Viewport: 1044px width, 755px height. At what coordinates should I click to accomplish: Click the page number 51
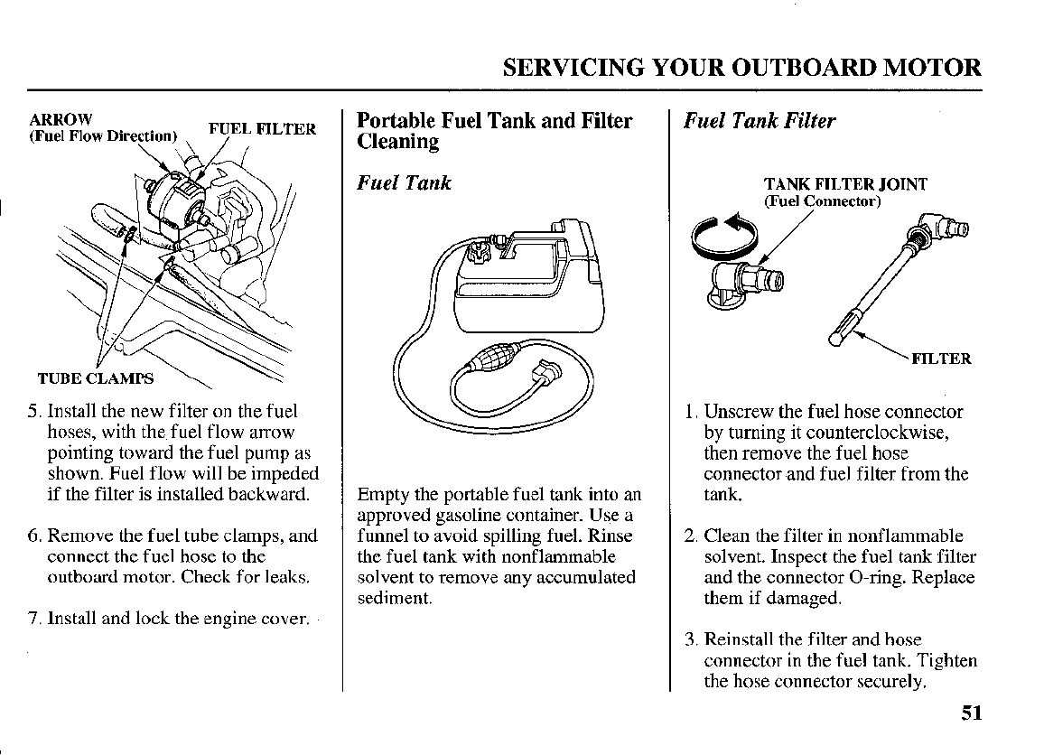coord(971,713)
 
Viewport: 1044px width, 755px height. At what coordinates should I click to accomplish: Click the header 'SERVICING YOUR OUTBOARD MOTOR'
coord(741,68)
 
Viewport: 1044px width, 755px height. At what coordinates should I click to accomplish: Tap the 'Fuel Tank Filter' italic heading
coord(760,121)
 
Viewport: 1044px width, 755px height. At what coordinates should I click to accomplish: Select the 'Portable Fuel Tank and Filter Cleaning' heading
coord(494,131)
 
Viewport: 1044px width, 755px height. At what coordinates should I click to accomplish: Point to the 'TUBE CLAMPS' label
coord(95,377)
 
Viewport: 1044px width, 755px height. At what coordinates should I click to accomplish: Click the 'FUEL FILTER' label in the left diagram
coord(262,128)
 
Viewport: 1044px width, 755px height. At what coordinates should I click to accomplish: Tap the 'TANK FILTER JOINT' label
coord(845,185)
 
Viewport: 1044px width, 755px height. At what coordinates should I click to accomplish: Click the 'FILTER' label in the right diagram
coord(941,359)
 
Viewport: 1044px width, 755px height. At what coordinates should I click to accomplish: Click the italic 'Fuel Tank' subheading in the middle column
coord(404,183)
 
